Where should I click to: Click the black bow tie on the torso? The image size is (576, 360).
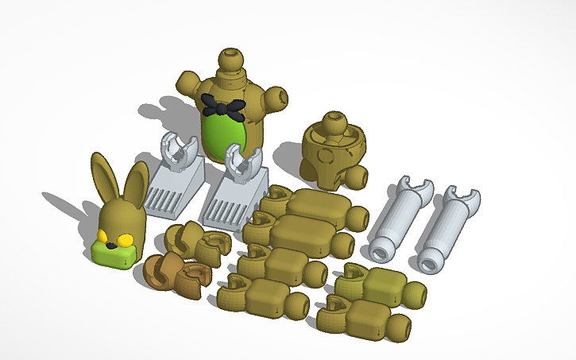pos(222,105)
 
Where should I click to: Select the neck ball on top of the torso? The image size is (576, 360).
pos(230,60)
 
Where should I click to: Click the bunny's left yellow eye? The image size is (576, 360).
pos(103,235)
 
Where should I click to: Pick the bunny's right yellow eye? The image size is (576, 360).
pos(125,240)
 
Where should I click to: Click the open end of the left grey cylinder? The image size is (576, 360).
pos(380,251)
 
